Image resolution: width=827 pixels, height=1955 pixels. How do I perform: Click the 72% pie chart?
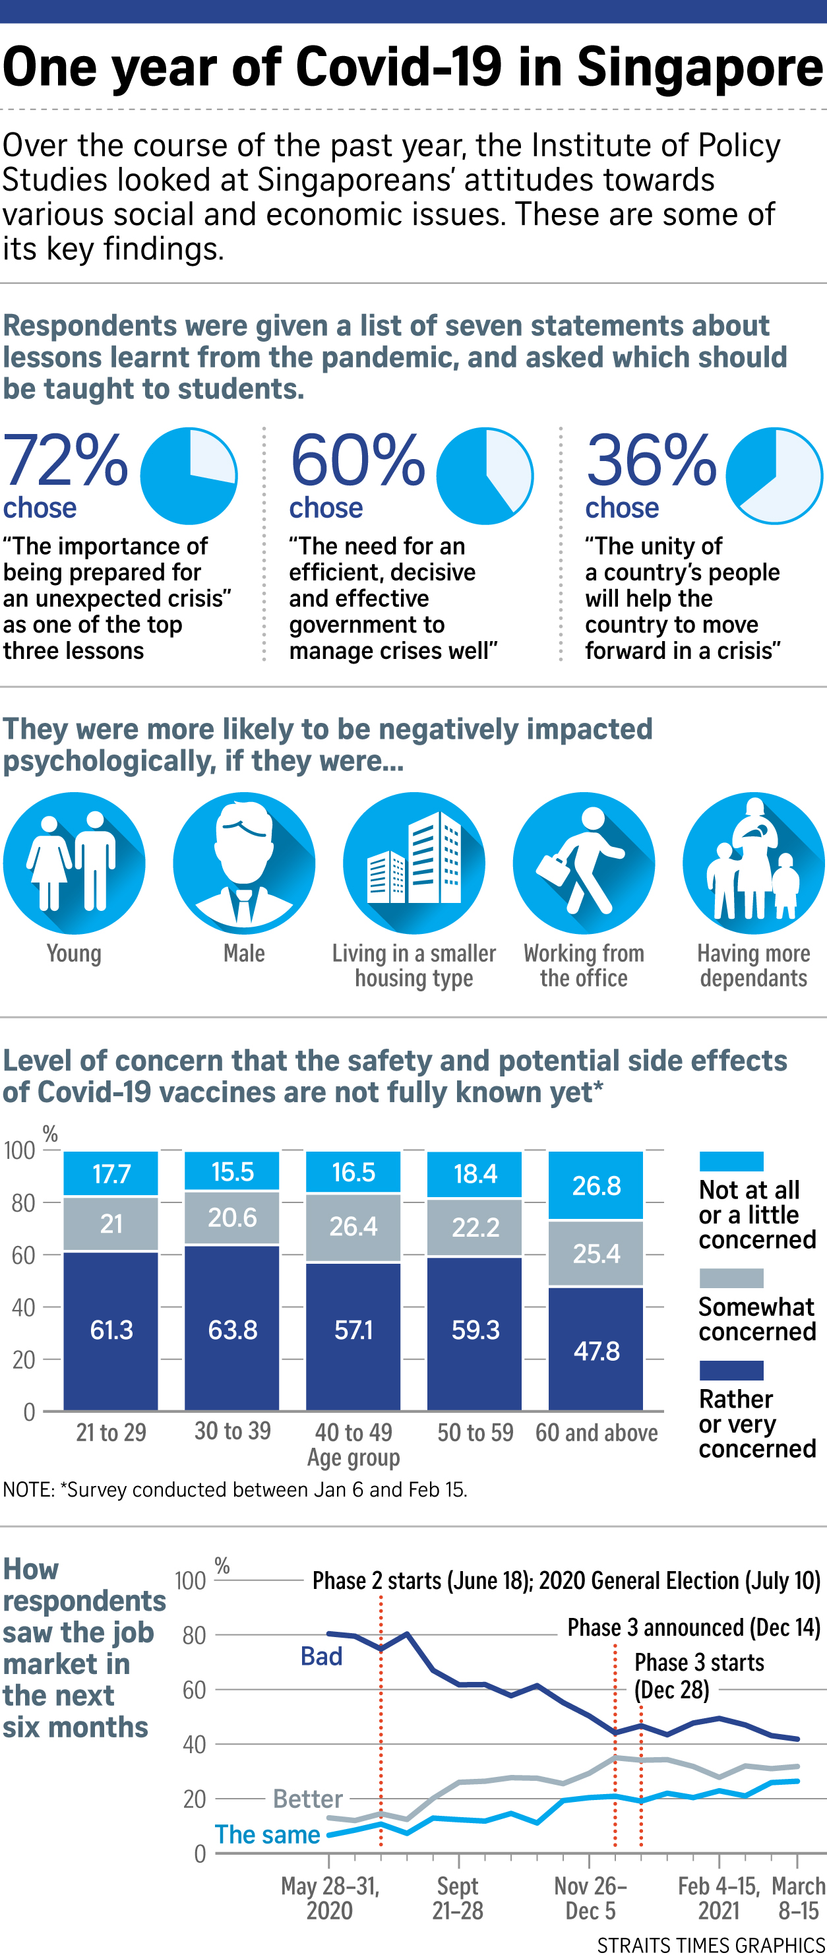click(x=189, y=476)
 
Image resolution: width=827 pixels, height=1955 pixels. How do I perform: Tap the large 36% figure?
click(x=651, y=460)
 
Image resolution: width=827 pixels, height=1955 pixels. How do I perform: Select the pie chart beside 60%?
click(x=485, y=476)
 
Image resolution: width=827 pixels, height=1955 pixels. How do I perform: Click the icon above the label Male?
click(x=243, y=863)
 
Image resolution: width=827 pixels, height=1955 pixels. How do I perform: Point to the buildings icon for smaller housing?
click(x=414, y=863)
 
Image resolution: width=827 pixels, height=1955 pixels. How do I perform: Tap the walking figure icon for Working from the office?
click(x=584, y=863)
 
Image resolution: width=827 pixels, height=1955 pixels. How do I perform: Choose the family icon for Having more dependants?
click(x=753, y=863)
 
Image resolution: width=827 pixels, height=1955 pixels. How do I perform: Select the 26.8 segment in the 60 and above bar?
click(x=596, y=1185)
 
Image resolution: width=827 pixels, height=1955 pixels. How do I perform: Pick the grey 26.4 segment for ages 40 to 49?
click(x=353, y=1226)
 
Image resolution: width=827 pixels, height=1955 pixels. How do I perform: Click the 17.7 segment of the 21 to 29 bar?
click(x=111, y=1173)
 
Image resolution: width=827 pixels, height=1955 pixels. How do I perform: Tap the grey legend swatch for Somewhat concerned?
click(x=731, y=1278)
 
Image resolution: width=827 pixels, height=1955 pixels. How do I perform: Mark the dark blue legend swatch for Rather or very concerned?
click(x=731, y=1370)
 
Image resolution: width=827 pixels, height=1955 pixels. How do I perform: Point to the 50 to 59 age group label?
click(x=475, y=1433)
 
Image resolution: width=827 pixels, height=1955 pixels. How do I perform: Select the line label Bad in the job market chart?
click(x=321, y=1656)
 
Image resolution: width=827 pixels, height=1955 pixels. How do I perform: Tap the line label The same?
click(x=267, y=1834)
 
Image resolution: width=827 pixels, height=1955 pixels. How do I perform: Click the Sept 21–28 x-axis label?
click(x=458, y=1898)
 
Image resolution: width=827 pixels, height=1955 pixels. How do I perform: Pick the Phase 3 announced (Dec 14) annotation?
click(x=694, y=1627)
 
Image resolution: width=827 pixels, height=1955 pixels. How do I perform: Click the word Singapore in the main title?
click(x=700, y=67)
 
